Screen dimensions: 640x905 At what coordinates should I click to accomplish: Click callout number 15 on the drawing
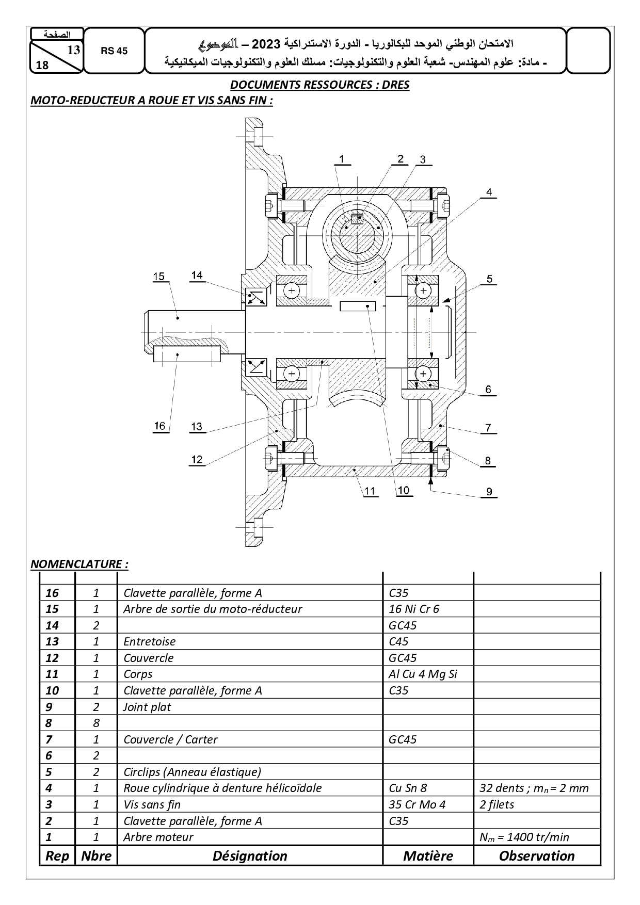point(158,276)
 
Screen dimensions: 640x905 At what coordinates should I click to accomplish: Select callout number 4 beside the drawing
point(488,192)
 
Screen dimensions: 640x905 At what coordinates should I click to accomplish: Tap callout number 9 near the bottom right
point(489,492)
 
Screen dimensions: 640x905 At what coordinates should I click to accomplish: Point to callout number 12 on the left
point(197,459)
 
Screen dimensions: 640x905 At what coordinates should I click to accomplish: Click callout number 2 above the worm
point(401,158)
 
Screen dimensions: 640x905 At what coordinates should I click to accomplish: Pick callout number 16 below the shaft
point(159,426)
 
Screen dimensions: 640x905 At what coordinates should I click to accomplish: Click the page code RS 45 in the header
point(114,51)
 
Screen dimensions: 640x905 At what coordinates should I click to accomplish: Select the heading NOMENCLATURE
point(79,563)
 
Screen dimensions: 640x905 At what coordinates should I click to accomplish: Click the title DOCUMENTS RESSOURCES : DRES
point(319,85)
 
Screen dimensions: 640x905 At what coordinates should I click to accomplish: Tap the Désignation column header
point(250,855)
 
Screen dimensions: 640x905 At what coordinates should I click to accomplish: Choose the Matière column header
point(428,855)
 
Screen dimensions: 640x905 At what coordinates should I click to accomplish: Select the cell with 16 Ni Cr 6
point(413,609)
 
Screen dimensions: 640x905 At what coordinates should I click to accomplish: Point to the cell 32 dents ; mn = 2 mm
point(534,788)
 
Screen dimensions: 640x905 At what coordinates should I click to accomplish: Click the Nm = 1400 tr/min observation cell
point(524,837)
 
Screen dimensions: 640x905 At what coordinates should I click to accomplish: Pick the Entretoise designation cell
point(149,641)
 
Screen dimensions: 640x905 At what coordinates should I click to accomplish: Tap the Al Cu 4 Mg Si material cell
point(423,674)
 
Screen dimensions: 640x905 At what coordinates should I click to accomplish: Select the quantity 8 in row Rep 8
point(96,723)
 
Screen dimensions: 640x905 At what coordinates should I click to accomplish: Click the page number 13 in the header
point(73,50)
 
